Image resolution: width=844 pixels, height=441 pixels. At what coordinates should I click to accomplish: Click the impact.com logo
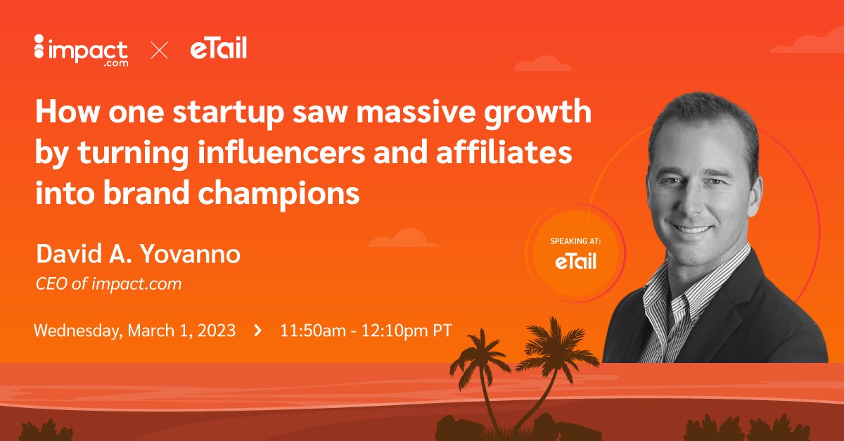(80, 50)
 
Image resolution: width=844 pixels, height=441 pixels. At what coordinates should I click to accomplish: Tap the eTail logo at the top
(218, 49)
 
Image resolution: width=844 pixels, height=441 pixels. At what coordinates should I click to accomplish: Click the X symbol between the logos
(159, 51)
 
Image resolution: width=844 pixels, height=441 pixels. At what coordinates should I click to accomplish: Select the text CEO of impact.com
(108, 283)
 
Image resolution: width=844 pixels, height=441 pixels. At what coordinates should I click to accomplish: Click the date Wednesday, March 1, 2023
(134, 330)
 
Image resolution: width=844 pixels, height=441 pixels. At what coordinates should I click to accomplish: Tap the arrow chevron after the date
(258, 330)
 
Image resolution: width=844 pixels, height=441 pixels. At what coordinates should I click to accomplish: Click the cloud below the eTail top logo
(542, 65)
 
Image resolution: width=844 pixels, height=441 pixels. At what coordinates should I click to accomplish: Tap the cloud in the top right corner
(809, 42)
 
